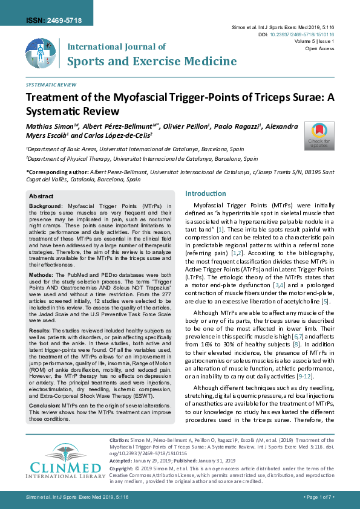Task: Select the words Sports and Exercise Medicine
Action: pyautogui.click(x=151, y=61)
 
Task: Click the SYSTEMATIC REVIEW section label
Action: pyautogui.click(x=51, y=85)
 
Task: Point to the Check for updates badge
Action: pyautogui.click(x=319, y=135)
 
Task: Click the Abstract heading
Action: pyautogui.click(x=41, y=196)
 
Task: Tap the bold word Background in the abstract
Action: pyautogui.click(x=47, y=206)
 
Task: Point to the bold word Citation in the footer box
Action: pyautogui.click(x=118, y=442)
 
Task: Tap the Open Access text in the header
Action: pyautogui.click(x=330, y=48)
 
